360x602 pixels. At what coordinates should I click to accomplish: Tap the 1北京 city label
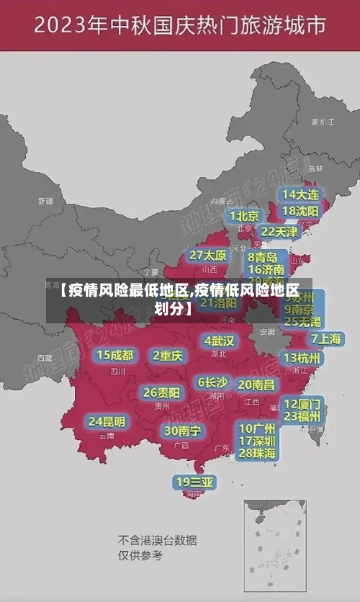click(x=244, y=216)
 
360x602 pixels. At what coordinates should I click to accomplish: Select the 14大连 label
click(x=300, y=194)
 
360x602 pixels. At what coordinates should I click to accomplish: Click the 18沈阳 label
click(x=300, y=211)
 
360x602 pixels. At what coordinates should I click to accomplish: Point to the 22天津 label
click(x=279, y=232)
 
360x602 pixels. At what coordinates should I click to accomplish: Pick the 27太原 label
click(x=208, y=255)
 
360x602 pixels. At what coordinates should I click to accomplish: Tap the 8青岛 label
click(x=263, y=257)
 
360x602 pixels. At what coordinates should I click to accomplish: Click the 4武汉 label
click(x=219, y=341)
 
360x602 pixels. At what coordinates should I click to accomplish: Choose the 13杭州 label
click(x=302, y=358)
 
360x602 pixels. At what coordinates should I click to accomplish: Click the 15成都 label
click(x=115, y=355)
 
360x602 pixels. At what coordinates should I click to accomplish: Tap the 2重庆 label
click(x=168, y=356)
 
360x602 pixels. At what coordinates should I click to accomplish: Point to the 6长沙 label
click(x=212, y=382)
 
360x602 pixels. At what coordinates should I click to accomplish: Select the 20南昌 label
click(x=256, y=385)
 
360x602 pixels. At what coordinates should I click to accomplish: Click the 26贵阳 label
click(x=161, y=392)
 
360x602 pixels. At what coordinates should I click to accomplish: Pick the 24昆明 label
click(x=107, y=421)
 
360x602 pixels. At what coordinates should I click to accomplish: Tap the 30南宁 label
click(x=182, y=431)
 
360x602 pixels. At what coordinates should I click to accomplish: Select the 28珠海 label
click(x=257, y=453)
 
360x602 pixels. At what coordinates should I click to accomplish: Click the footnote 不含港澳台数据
click(x=158, y=540)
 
